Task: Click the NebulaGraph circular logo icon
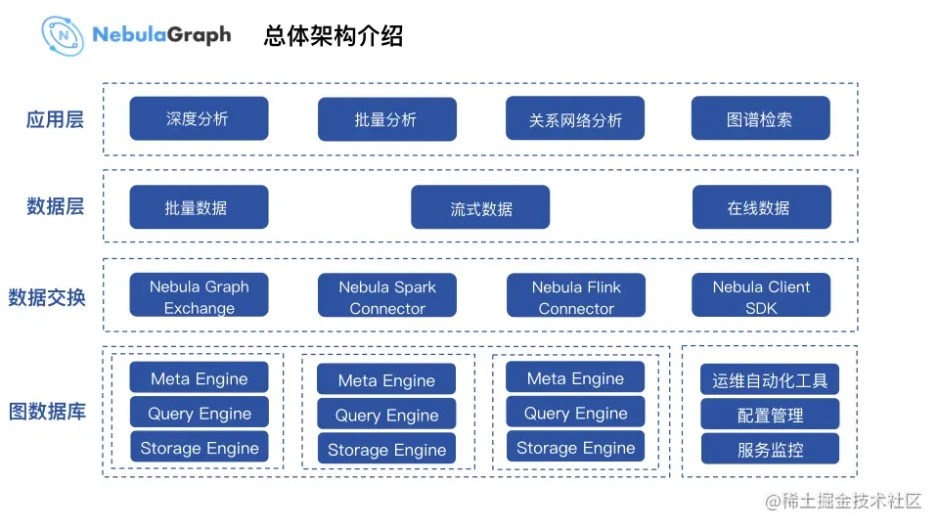63,35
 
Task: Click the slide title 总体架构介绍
334,36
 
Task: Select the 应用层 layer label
55,120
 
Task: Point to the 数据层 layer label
55,206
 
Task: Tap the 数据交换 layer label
47,297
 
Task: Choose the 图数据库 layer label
47,412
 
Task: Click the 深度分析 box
199,118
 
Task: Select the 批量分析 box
386,119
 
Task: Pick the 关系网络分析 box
575,119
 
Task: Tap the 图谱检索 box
760,119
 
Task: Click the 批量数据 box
199,207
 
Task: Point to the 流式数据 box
480,207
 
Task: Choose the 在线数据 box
761,207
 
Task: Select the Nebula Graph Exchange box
199,296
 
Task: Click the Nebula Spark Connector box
386,296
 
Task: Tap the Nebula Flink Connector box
575,296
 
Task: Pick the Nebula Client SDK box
761,296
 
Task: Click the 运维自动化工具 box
770,380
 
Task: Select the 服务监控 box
770,449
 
